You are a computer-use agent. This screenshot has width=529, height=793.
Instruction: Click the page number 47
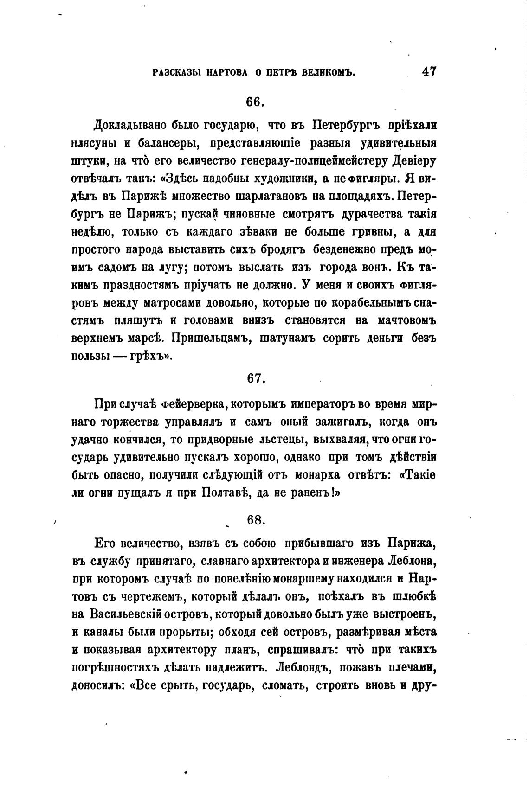point(429,72)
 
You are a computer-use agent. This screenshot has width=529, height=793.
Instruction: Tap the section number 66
point(256,102)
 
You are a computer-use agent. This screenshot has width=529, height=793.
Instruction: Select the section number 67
point(256,378)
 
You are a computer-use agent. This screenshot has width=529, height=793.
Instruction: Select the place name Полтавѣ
point(225,493)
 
